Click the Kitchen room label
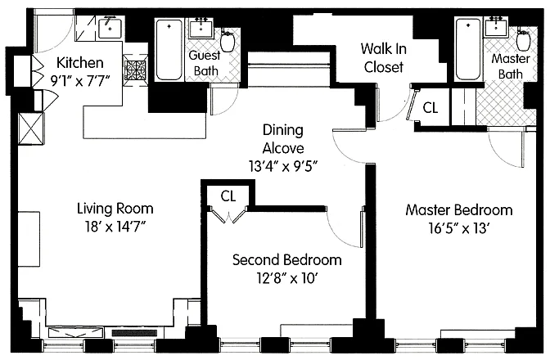pos(80,63)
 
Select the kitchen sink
pos(110,28)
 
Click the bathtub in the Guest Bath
pos(169,50)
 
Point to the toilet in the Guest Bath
pos(227,41)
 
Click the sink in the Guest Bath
pos(201,28)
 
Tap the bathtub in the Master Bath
pos(468,49)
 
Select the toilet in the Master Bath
pos(523,40)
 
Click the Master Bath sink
pos(496,27)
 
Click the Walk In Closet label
pos(383,58)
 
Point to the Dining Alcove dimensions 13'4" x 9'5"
pos(283,166)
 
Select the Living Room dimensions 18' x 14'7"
pos(115,227)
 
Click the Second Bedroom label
pos(287,259)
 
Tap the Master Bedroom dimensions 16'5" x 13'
pos(459,228)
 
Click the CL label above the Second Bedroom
pos(228,196)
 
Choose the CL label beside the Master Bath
pos(431,108)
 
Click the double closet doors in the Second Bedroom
pos(228,214)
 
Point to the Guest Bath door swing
pos(224,99)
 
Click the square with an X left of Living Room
pos(31,128)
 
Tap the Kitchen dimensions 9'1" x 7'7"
pos(80,81)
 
